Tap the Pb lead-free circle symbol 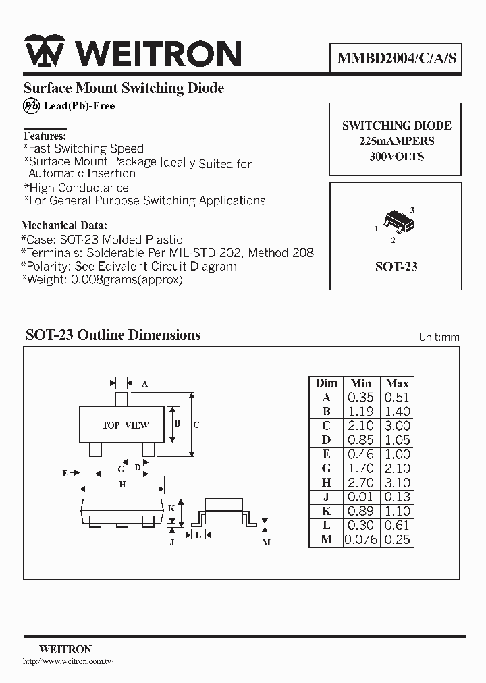pos(32,106)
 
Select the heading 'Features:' pos(45,136)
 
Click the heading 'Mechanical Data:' pos(64,226)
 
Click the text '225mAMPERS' pos(396,141)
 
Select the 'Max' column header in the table pos(397,383)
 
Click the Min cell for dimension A pos(360,398)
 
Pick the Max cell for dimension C pos(397,426)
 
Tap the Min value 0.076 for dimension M pos(361,539)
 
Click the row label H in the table pos(326,483)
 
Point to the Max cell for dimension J pos(397,497)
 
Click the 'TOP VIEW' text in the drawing pos(125,425)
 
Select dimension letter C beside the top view pos(196,425)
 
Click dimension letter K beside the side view pos(171,507)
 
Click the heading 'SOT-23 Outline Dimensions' pos(113,335)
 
